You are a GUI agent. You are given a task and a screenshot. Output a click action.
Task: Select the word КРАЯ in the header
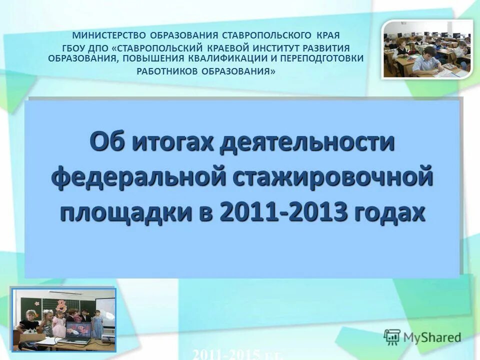coord(328,36)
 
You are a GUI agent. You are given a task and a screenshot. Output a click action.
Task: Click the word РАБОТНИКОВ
coord(167,71)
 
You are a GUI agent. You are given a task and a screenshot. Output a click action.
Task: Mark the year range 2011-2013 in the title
coord(283,213)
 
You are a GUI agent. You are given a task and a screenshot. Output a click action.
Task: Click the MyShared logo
coord(422,336)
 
